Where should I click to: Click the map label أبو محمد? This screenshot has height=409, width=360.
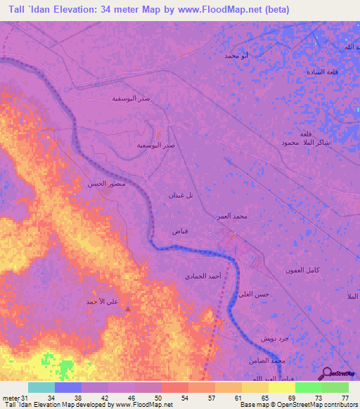[x=236, y=55]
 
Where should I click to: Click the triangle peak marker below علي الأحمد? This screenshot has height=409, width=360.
[x=127, y=308]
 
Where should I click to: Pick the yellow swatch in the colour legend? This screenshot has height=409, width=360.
[x=281, y=387]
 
